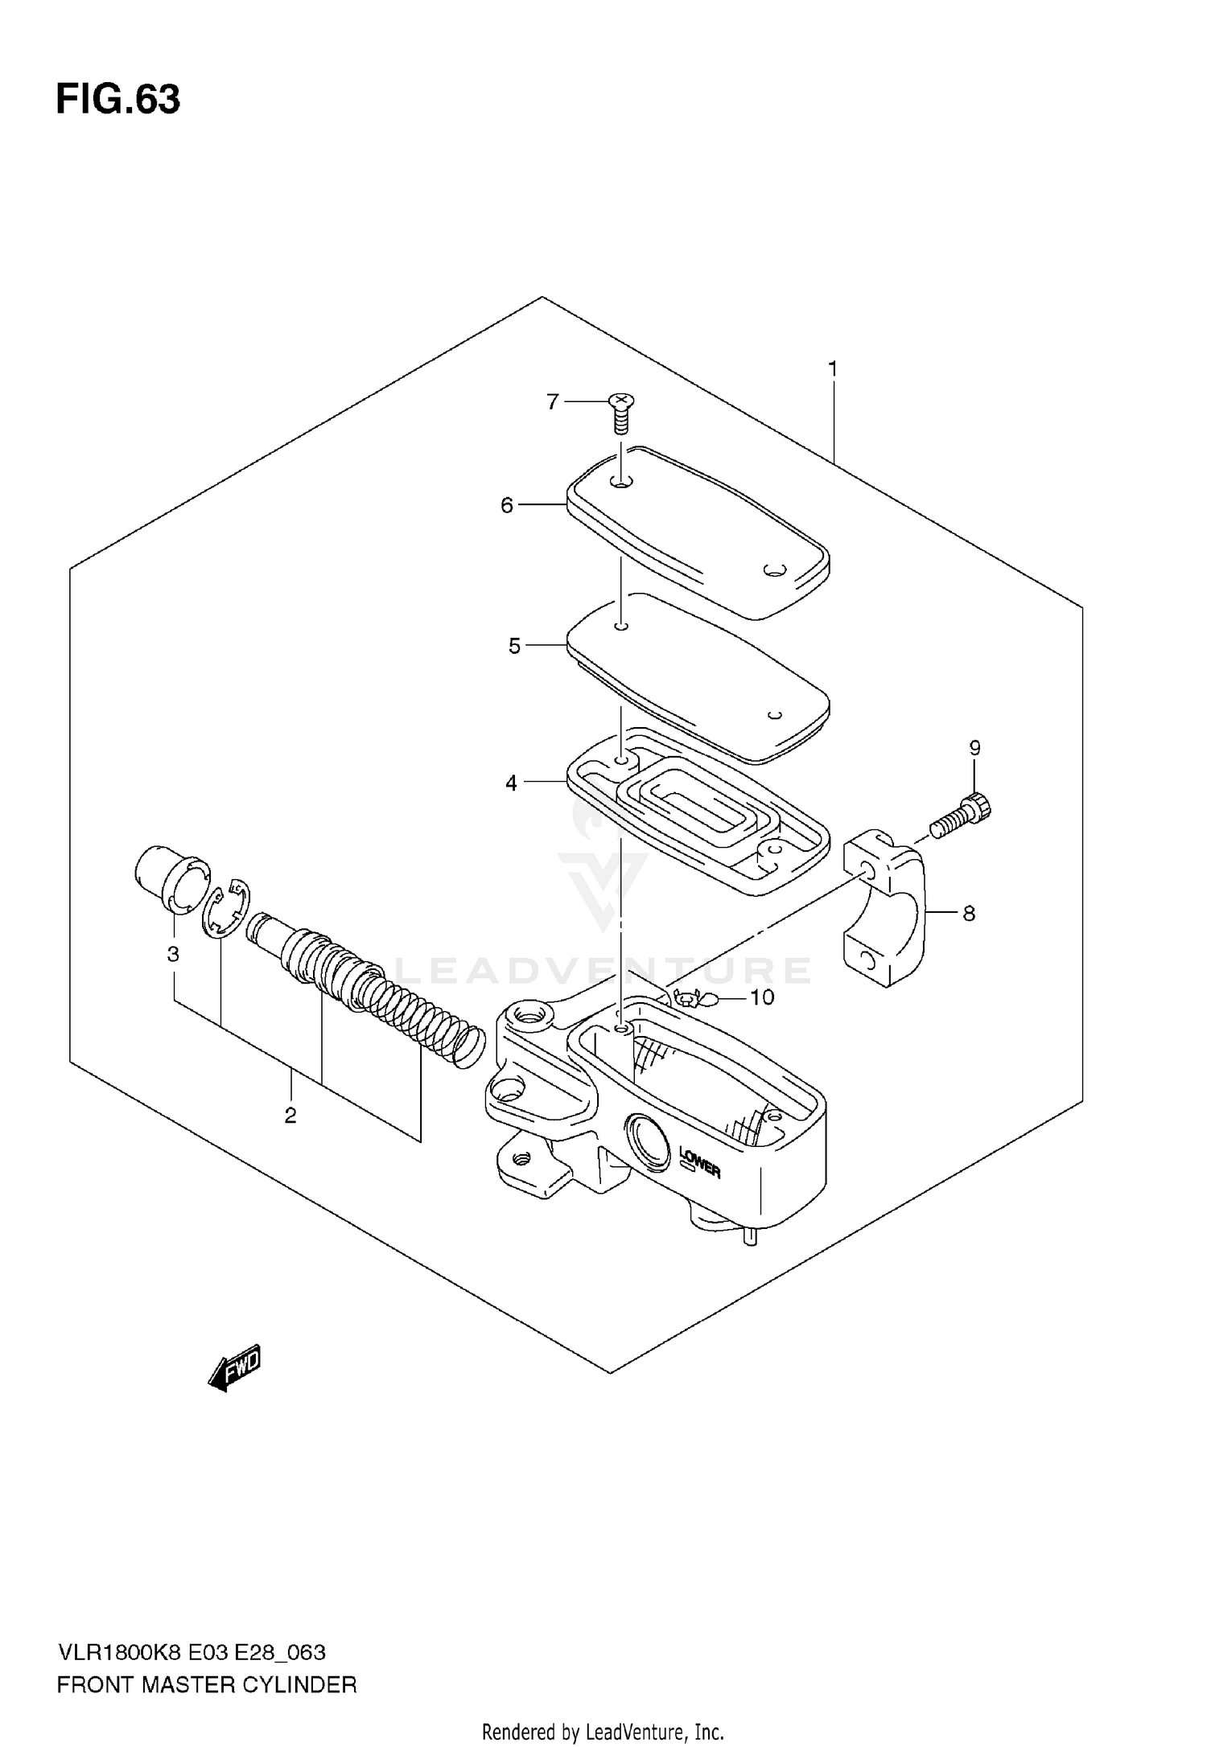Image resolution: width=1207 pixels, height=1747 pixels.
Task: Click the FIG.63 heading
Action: pos(118,100)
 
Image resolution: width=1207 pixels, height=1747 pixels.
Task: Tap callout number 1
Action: pos(833,369)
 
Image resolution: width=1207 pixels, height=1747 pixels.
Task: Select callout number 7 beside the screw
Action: pos(552,401)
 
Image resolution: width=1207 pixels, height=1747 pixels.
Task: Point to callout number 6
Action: pos(507,505)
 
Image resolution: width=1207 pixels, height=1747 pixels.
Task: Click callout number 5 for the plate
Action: pos(515,646)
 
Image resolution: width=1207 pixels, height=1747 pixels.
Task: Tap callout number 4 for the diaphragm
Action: pos(512,782)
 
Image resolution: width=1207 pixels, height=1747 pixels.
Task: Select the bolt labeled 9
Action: pos(962,815)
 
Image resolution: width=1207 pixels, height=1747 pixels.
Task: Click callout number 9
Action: pos(974,748)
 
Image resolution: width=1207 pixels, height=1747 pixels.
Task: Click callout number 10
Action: pos(761,997)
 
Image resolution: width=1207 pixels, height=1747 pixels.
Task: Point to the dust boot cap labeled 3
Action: pos(170,878)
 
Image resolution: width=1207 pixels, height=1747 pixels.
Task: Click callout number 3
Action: pos(173,954)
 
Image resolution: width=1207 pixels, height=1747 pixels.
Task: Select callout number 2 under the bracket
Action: pos(290,1116)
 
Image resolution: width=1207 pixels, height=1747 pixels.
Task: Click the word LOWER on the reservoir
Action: pos(700,1163)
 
